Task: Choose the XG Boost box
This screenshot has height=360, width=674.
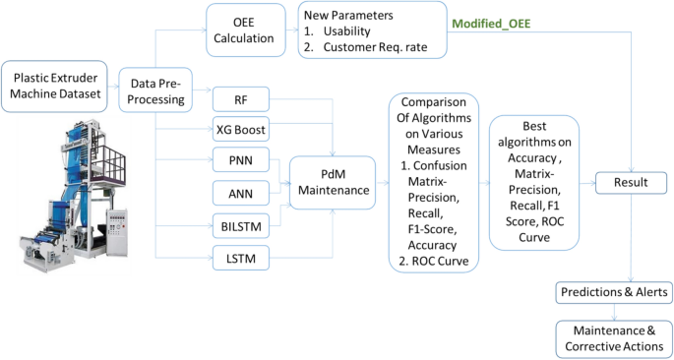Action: (x=241, y=129)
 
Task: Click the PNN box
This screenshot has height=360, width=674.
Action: (x=241, y=161)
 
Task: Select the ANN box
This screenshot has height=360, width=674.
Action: (x=241, y=194)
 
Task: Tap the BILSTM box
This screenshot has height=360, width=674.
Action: (x=241, y=227)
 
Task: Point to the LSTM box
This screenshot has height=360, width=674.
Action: (x=241, y=260)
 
